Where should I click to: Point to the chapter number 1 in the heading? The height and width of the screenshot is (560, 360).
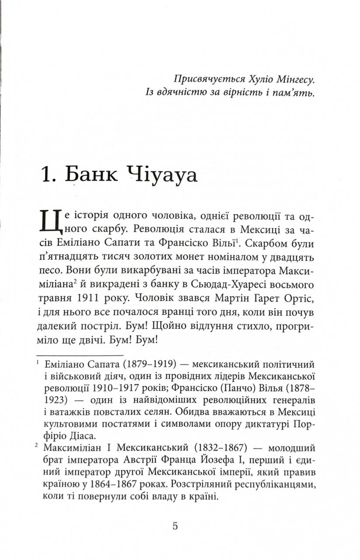pos(46,175)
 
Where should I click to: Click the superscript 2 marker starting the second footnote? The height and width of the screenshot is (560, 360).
pos(38,446)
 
